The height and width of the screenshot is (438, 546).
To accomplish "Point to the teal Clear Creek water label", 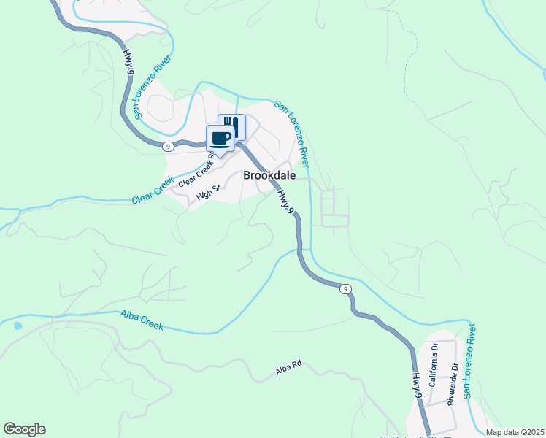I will click(153, 191).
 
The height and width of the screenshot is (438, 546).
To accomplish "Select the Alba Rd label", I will click(288, 372).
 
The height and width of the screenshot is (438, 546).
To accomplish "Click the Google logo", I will click(24, 429).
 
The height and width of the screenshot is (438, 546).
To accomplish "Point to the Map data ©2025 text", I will click(515, 432).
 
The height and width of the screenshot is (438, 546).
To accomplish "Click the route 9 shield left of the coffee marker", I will click(168, 146).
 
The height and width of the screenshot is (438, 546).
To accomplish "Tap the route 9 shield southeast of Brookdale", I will click(345, 289).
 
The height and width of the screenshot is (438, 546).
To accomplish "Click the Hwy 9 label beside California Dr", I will click(417, 385).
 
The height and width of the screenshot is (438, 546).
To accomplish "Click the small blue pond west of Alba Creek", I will click(18, 326).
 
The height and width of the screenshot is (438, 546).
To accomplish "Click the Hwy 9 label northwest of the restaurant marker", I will click(130, 62).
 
